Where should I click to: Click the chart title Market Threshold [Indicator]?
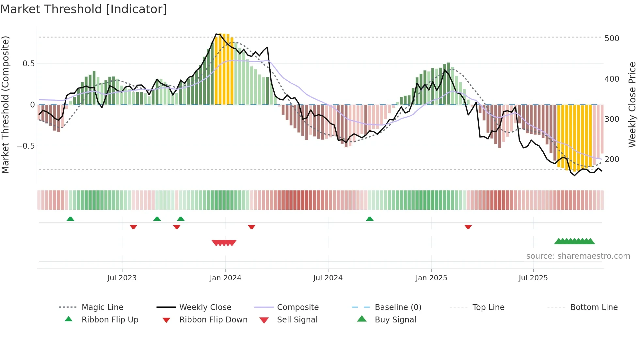pos(84,9)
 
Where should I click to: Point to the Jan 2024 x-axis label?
pos(225,278)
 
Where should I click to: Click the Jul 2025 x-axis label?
pos(533,278)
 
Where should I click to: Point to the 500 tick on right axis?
pos(612,39)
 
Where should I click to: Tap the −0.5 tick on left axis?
pos(25,146)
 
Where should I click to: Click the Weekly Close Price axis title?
pos(632,105)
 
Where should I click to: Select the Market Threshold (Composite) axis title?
pos(5,105)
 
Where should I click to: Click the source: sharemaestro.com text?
pos(578,256)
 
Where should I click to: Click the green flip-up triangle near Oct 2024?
pos(370,219)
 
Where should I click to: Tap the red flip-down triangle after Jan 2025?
pos(468,227)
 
